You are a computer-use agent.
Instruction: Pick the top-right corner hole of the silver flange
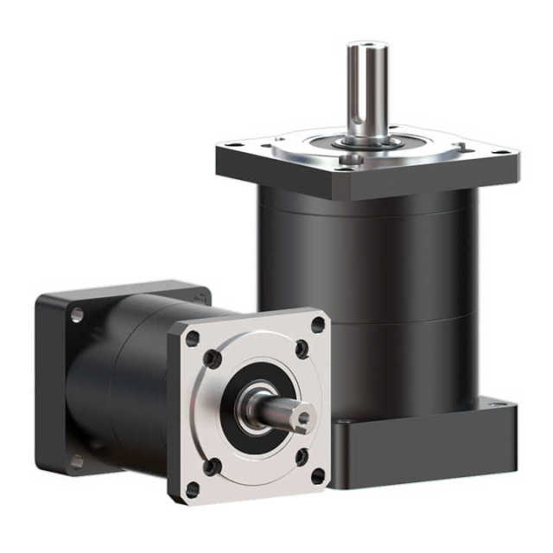(318, 325)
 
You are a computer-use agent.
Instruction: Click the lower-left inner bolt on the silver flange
(212, 467)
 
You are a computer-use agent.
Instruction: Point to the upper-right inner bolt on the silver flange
(301, 349)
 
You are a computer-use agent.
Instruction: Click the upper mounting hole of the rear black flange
(77, 315)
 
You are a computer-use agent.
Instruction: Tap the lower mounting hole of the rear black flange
(76, 461)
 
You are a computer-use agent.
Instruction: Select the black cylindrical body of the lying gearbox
(121, 380)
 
